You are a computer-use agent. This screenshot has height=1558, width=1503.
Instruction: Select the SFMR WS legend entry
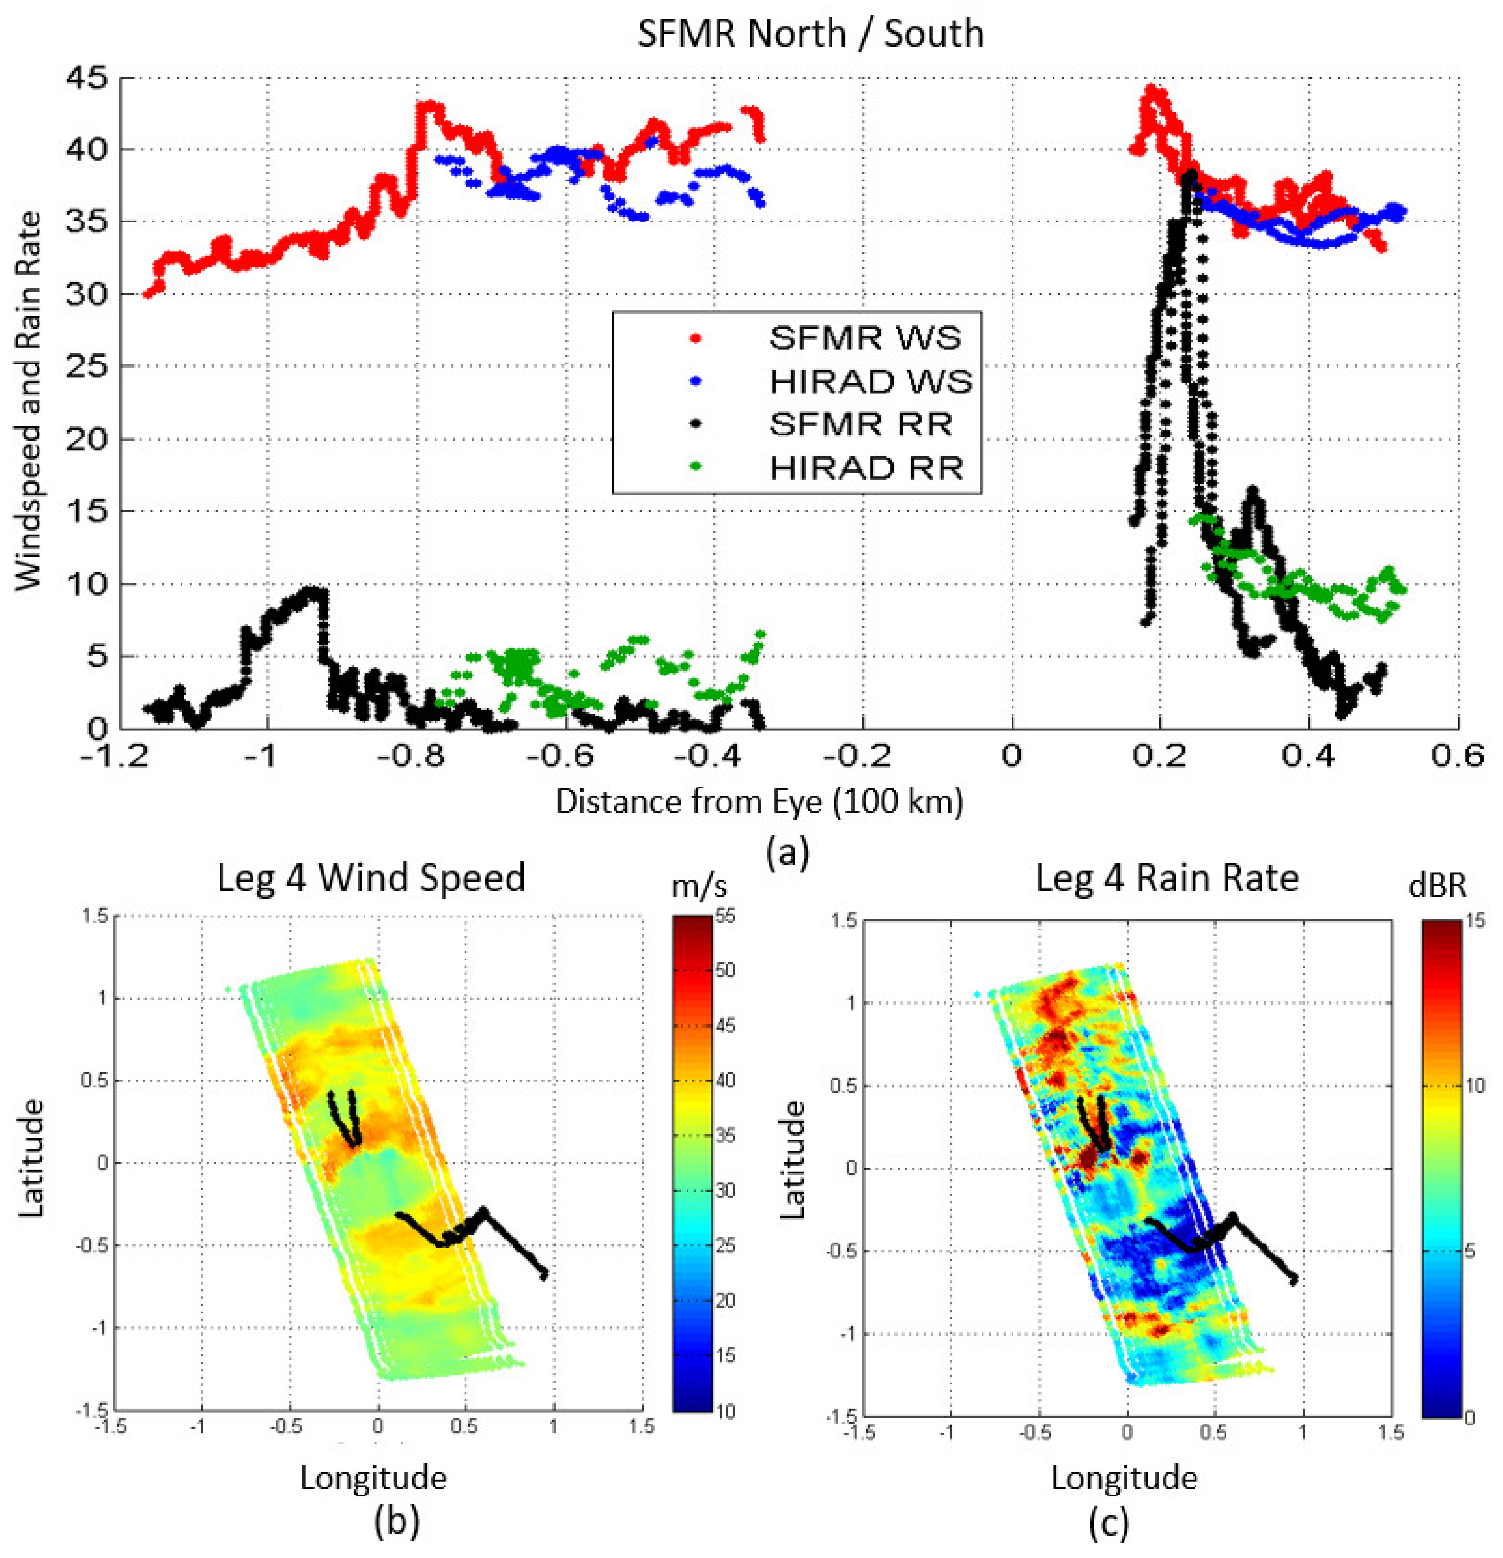pyautogui.click(x=864, y=338)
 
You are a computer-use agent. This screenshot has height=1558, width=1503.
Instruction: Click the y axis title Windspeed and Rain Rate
pyautogui.click(x=29, y=402)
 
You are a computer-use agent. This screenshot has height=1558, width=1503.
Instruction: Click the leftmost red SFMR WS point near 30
pyautogui.click(x=147, y=294)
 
